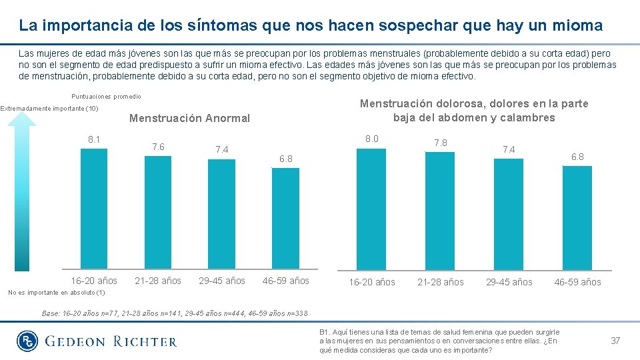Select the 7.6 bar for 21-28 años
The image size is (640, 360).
coord(158,213)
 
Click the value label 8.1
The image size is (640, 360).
coord(94,139)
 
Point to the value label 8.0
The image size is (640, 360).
coord(372,139)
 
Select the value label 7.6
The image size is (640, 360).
coord(158,147)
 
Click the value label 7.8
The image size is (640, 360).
coord(441,143)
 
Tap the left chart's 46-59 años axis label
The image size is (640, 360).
coord(286,281)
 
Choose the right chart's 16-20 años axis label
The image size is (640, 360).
coord(372,282)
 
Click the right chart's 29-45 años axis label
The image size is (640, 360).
coord(509,282)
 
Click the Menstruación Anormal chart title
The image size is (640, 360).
coord(189,119)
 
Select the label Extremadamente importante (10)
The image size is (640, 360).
coord(49,109)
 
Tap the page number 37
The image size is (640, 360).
coord(615,341)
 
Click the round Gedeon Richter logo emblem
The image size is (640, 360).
coord(27,341)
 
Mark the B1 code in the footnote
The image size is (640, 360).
coord(325,332)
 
